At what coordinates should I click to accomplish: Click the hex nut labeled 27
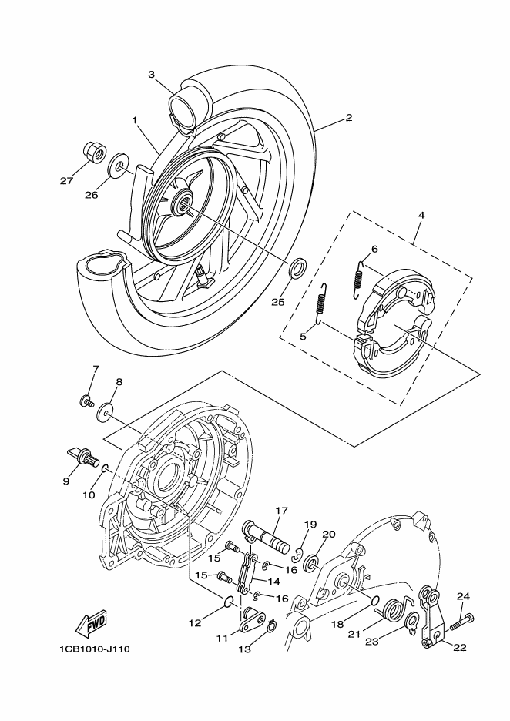click(95, 150)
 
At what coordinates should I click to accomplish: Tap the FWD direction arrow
click(92, 625)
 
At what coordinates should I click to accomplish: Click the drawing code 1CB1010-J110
click(94, 649)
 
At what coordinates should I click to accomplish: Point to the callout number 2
click(348, 118)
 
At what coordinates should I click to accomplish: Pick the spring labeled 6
click(360, 279)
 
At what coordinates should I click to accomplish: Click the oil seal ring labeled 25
click(298, 269)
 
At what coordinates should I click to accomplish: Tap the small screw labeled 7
click(86, 401)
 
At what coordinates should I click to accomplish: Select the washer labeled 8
click(106, 411)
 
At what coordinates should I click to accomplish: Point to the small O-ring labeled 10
click(105, 468)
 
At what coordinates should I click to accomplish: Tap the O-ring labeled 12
click(230, 602)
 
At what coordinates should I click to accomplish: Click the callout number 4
click(421, 215)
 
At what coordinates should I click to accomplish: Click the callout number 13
click(245, 649)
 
